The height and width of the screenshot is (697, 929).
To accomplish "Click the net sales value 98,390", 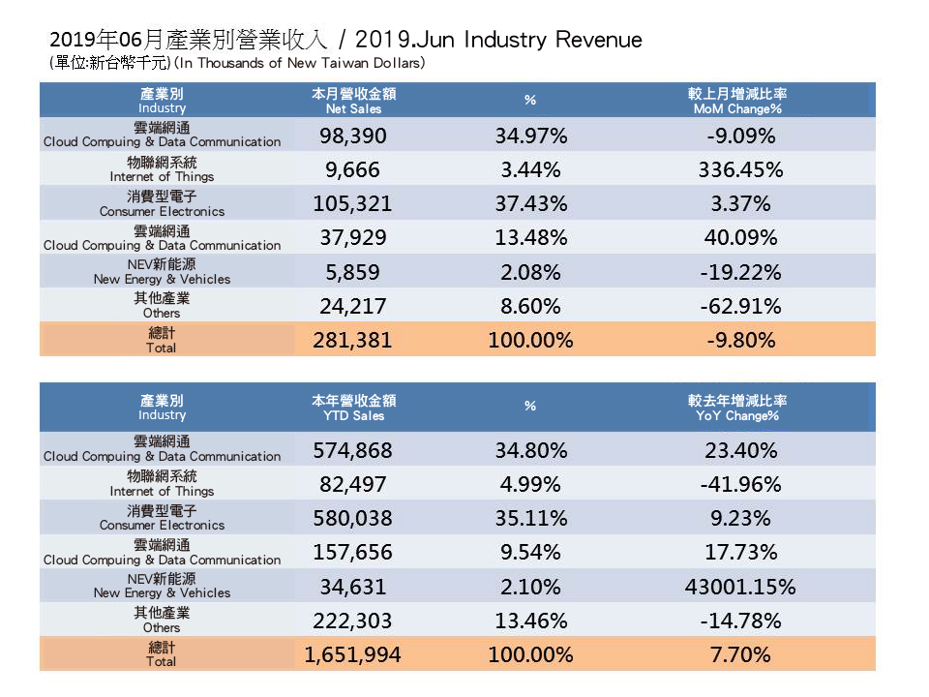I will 352,136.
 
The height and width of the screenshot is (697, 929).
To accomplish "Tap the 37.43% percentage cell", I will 530,204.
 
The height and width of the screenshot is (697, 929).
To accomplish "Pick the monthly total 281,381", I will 352,341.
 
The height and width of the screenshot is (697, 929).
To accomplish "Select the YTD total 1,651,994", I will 352,655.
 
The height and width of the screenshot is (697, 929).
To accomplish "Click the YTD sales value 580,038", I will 352,518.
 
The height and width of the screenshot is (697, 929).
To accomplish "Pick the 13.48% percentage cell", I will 530,238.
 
